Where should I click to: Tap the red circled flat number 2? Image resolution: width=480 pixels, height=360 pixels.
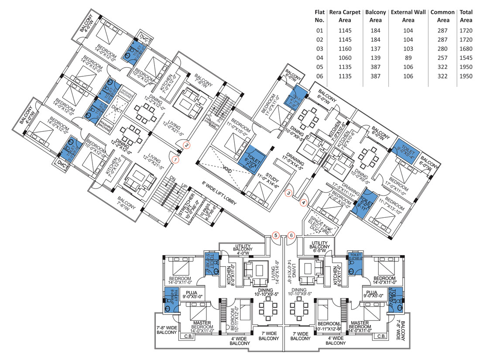point(186,145)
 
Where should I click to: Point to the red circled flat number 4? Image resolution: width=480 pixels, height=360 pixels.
point(304,202)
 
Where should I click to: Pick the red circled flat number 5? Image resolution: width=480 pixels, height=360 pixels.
point(275,235)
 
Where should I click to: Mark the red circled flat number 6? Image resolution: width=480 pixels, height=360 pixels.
point(291,235)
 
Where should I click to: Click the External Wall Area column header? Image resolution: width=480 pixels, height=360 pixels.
point(408,16)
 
